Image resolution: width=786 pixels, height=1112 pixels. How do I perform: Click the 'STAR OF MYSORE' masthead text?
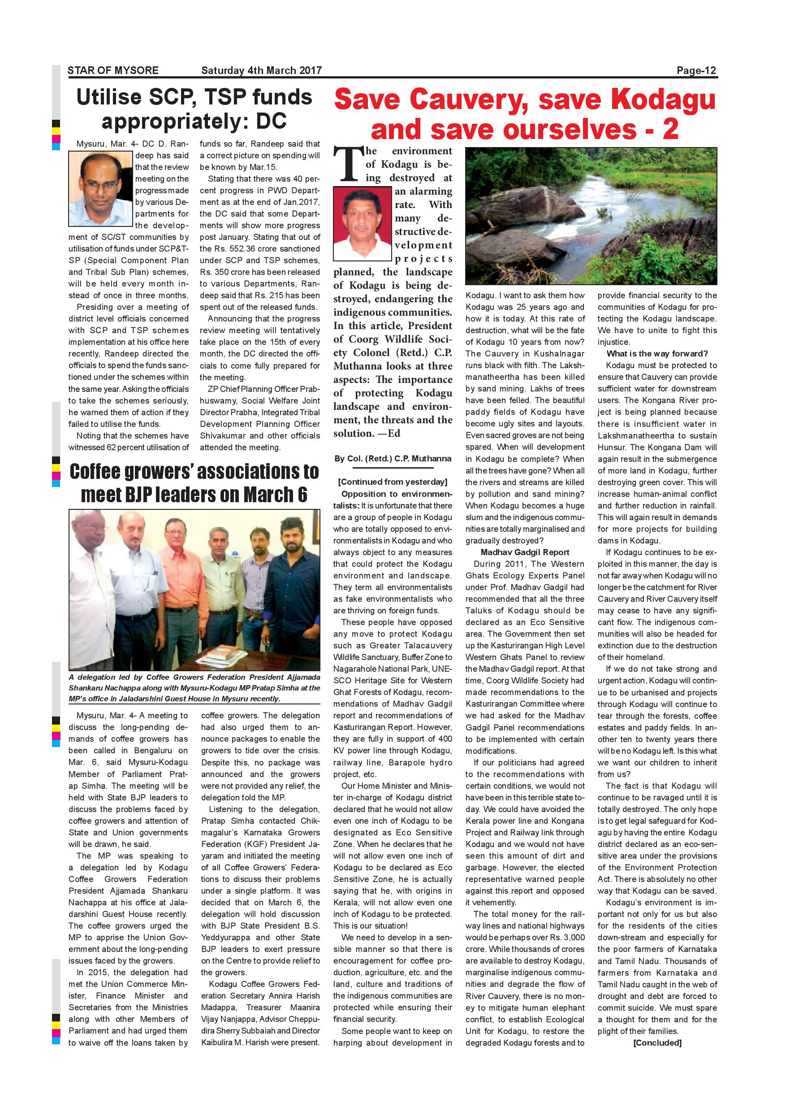tap(113, 70)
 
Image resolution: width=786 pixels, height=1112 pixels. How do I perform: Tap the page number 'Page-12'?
tap(696, 70)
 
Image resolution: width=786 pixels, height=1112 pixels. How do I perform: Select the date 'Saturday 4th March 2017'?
tap(261, 70)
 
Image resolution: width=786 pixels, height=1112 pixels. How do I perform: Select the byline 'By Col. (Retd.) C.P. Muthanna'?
tap(393, 458)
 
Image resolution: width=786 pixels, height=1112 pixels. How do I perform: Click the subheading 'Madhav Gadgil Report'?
tap(525, 552)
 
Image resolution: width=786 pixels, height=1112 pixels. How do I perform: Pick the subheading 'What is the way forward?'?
tap(657, 354)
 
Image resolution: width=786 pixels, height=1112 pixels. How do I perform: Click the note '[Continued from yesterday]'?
tap(393, 482)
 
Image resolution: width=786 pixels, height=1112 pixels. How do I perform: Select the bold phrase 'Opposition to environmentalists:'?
tap(393, 500)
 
